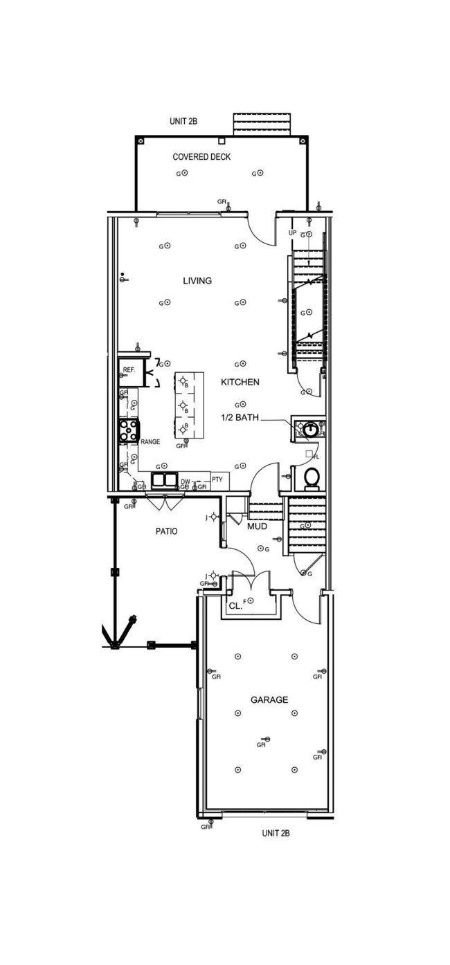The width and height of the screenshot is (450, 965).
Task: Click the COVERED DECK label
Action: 201,157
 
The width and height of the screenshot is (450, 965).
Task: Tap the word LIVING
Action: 197,281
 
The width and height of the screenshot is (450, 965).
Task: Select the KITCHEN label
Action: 240,382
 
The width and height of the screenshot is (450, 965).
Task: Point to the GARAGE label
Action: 269,700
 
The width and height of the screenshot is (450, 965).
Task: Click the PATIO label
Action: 165,531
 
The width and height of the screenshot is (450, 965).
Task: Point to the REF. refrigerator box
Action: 129,371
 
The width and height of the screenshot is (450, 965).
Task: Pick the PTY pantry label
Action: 217,479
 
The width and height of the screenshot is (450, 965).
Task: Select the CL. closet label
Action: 235,605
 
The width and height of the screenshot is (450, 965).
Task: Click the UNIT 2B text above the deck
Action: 183,121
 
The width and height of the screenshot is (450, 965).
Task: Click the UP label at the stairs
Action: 292,233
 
